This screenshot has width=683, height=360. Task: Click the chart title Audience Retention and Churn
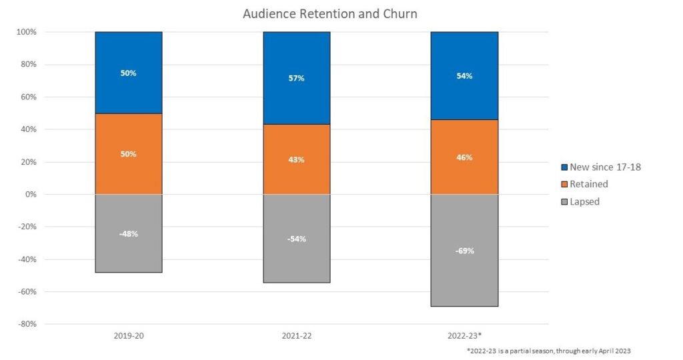[x=330, y=14]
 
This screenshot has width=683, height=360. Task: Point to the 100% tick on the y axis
[x=26, y=32]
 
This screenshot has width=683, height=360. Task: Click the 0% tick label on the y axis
[x=30, y=195]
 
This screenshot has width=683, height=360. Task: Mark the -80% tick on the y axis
[x=27, y=324]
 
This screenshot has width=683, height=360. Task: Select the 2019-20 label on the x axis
[x=129, y=336]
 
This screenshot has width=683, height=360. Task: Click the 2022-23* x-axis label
[x=464, y=336]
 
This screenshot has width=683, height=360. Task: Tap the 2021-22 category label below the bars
[x=296, y=336]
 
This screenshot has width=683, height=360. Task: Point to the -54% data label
[x=296, y=239]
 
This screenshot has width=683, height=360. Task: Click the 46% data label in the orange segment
[x=464, y=157]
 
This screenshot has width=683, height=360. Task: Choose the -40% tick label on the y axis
[x=27, y=259]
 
